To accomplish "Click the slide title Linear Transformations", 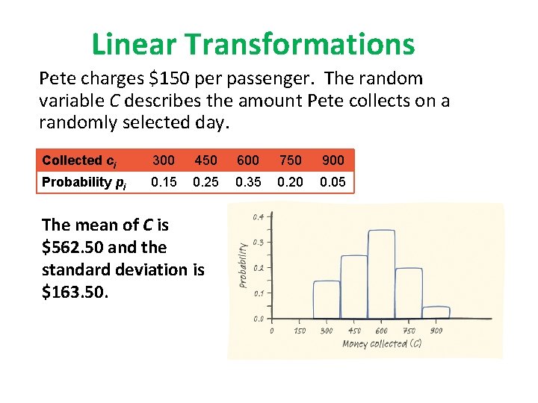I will coord(253,44).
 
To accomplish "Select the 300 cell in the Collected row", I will coord(164,160).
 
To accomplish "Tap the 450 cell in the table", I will coord(206,160).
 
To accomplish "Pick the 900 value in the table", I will coord(333,160).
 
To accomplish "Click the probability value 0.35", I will coord(248,182).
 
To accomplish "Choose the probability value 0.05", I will coord(333,182).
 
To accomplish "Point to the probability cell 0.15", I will coord(164,182).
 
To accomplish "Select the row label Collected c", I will coord(79,160).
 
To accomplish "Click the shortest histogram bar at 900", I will coord(436,313).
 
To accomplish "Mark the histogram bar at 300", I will coord(327,299).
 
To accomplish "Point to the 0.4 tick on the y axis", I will coord(258,216).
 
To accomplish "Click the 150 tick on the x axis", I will coord(299,331).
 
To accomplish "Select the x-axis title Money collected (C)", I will coord(382,344).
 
